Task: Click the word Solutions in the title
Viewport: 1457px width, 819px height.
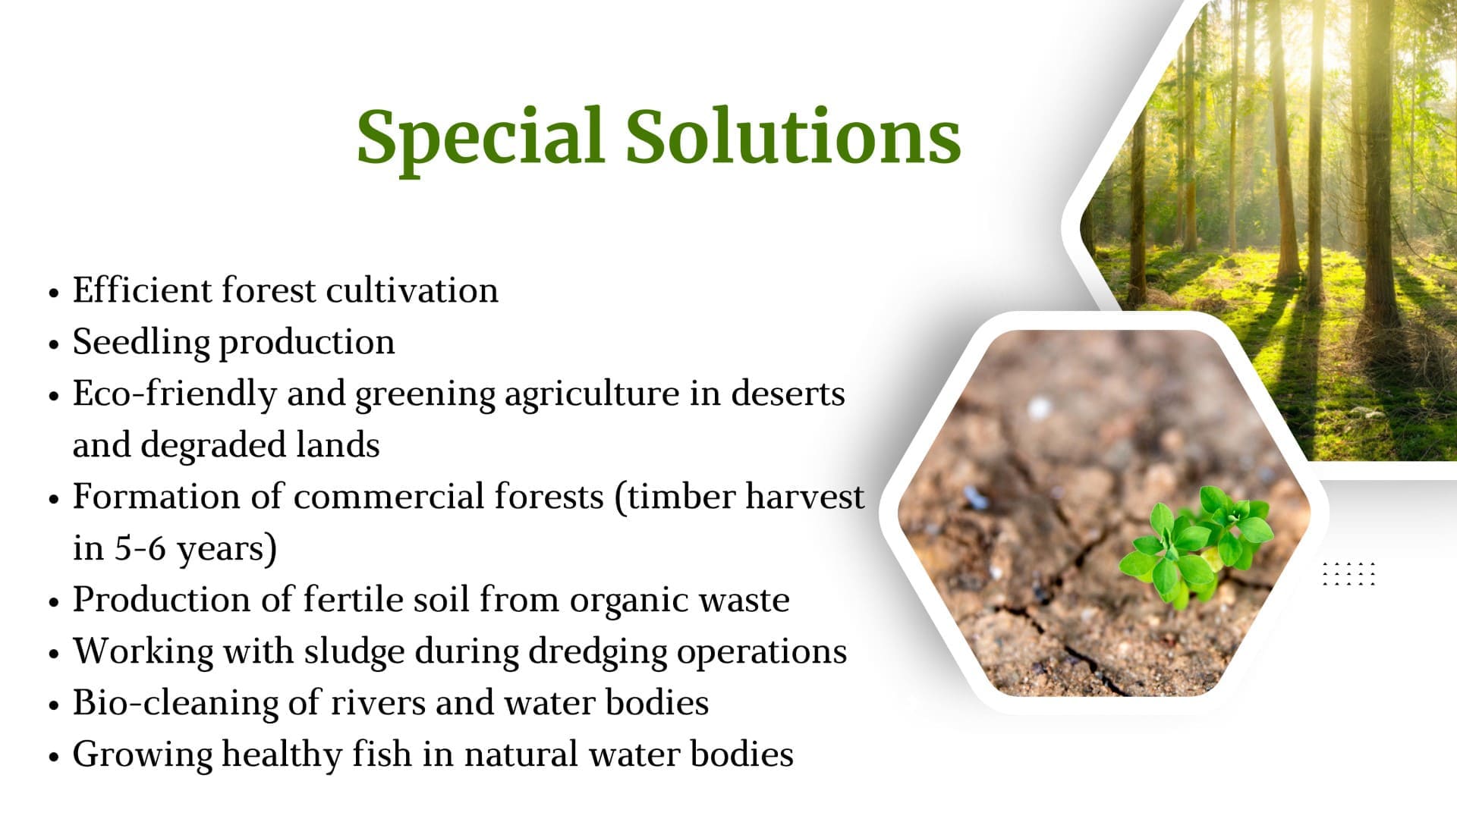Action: (794, 136)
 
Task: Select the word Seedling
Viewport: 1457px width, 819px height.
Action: (141, 343)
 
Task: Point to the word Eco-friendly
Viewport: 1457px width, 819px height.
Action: (175, 394)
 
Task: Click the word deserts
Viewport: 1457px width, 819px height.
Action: (788, 394)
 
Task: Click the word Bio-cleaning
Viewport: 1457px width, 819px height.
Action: (175, 704)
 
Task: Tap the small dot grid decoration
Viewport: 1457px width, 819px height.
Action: (1348, 574)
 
